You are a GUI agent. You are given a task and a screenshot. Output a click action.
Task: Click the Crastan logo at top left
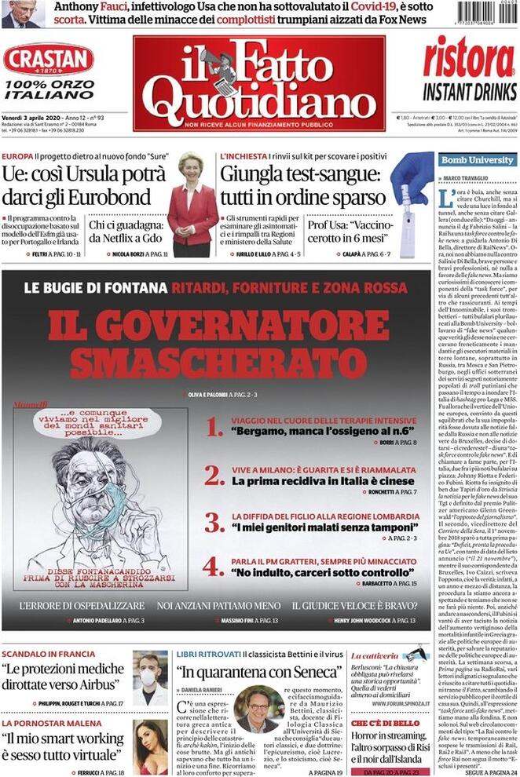click(x=48, y=60)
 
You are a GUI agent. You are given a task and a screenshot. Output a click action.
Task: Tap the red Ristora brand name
click(x=468, y=59)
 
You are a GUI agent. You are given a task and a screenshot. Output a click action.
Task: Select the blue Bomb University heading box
click(x=477, y=160)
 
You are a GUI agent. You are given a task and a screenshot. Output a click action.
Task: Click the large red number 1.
click(x=214, y=428)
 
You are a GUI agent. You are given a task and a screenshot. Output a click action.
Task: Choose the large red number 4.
click(x=213, y=566)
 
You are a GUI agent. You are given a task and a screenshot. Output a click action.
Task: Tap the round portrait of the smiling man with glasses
click(x=258, y=710)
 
